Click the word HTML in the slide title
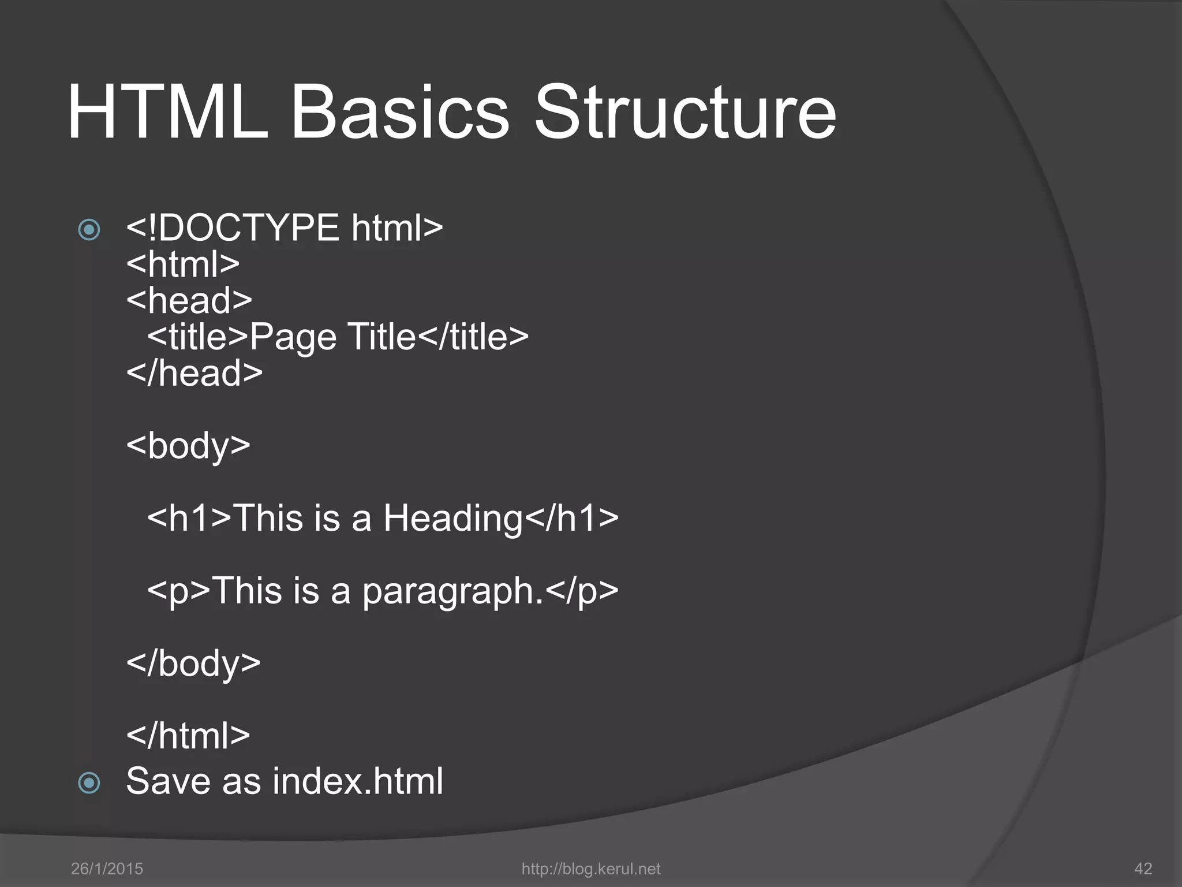click(x=167, y=112)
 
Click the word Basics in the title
click(x=400, y=112)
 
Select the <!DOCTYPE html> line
click(x=285, y=228)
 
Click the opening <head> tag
click(x=189, y=300)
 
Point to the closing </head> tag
click(x=194, y=373)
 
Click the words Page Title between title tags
click(x=332, y=337)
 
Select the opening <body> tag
click(x=188, y=446)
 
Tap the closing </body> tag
click(x=193, y=663)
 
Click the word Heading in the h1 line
click(x=452, y=518)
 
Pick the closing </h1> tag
click(x=571, y=518)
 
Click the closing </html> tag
click(x=188, y=736)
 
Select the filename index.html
click(x=358, y=781)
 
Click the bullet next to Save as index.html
click(x=89, y=783)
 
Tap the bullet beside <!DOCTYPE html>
click(x=89, y=230)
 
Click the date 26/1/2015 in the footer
click(x=107, y=869)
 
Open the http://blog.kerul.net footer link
click(x=590, y=869)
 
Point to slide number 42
click(x=1143, y=869)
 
